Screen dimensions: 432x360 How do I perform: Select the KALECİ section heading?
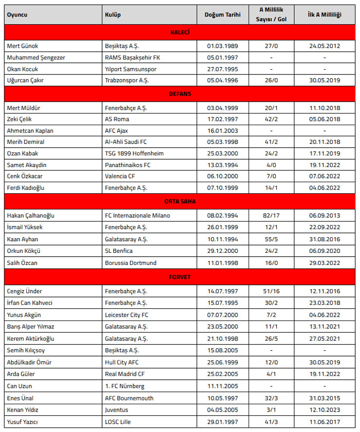[180, 33]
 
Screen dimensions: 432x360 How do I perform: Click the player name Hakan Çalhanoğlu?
[31, 216]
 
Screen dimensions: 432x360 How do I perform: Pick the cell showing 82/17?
[271, 216]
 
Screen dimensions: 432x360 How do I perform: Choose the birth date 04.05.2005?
[223, 410]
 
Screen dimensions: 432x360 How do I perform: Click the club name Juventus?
[117, 410]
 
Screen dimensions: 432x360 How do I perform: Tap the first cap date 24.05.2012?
[324, 46]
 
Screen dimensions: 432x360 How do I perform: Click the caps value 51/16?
[271, 291]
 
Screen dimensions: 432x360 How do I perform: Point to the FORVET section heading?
[180, 278]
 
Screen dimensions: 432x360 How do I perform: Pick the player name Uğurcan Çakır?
[25, 80]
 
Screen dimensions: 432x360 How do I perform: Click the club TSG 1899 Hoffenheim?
[134, 153]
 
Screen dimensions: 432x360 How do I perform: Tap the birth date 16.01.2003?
[223, 131]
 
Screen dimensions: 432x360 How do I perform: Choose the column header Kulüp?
[113, 15]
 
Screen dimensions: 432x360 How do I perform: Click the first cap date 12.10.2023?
[324, 410]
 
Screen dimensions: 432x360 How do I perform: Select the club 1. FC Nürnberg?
[126, 386]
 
